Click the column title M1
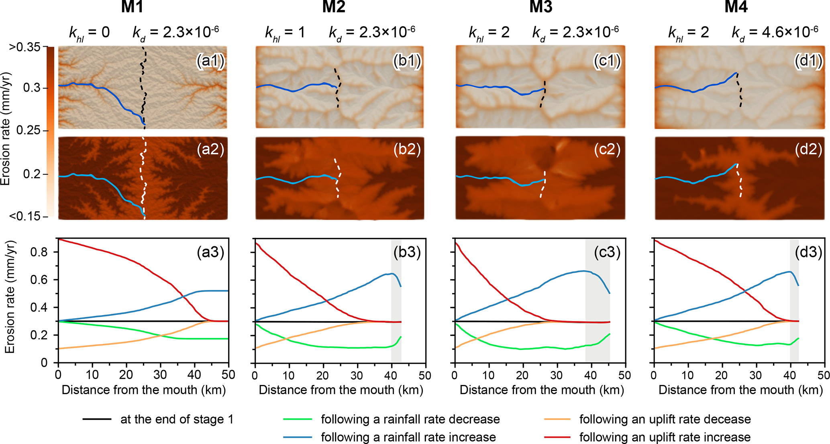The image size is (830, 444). (x=132, y=7)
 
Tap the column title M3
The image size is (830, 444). (x=540, y=7)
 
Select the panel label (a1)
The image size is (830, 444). (x=210, y=61)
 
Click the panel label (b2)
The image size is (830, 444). (x=407, y=149)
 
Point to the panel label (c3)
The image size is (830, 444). (x=607, y=252)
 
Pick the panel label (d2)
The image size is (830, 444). (x=808, y=149)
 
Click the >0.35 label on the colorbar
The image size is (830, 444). (x=25, y=47)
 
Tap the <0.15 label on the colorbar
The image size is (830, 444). (x=25, y=217)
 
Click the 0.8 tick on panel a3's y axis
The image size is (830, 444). (x=39, y=252)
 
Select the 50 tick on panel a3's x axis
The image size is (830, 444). (x=228, y=375)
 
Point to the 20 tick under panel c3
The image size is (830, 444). (x=522, y=375)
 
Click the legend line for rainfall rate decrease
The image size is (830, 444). (x=298, y=419)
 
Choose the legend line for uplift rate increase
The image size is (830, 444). (x=557, y=437)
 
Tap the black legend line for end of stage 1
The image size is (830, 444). (x=97, y=419)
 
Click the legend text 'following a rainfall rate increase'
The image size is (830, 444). (x=408, y=437)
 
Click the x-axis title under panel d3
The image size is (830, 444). (x=740, y=390)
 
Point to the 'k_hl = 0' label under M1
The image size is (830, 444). (x=89, y=32)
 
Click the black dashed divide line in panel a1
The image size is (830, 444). (x=143, y=88)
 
